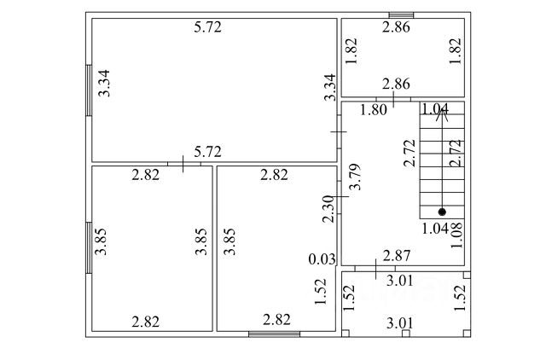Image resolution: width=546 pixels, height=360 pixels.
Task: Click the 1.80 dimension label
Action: (374, 109)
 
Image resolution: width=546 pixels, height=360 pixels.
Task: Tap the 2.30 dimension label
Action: (328, 210)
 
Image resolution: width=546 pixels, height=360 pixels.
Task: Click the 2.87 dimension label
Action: (397, 255)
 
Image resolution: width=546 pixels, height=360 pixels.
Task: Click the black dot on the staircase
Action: (442, 212)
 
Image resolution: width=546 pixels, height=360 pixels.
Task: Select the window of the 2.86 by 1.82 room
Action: (401, 15)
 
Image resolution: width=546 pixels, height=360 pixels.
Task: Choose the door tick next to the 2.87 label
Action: (376, 266)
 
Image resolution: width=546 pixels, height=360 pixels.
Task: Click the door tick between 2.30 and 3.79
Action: (340, 197)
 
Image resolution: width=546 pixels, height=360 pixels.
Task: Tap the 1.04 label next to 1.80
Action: (435, 108)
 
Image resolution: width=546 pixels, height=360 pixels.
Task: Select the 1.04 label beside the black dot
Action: (435, 227)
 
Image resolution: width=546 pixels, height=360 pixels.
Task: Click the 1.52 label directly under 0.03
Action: (321, 293)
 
